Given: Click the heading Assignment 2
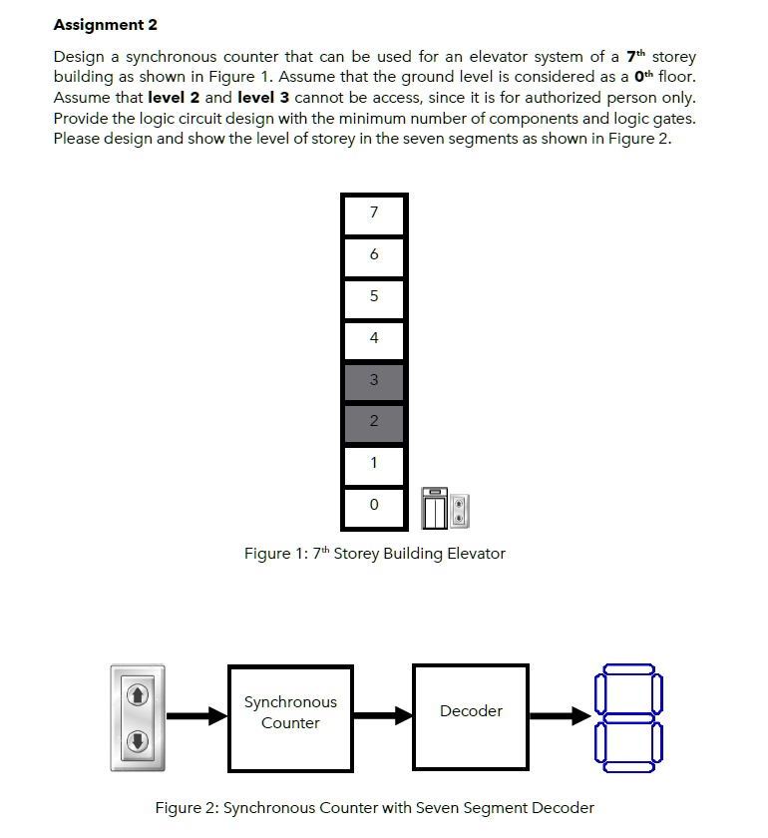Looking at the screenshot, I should pos(105,24).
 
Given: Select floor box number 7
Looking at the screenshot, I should pos(374,213).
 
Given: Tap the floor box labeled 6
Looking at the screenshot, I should pos(374,255).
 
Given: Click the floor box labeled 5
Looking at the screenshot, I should pos(374,297).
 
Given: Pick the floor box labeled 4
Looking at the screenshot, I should pos(374,339).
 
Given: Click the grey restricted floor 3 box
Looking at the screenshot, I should pos(374,381).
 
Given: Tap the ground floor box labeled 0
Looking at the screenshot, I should pos(374,507).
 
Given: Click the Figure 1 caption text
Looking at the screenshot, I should pos(374,554).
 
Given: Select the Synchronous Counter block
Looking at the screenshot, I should pos(290,713).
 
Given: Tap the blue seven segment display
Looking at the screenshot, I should pos(625,715).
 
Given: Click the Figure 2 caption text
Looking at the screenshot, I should pos(374,808).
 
